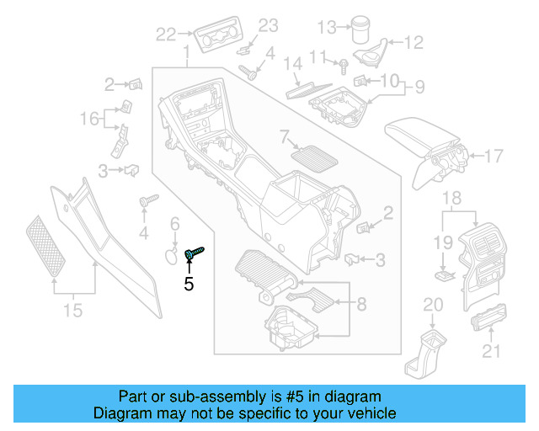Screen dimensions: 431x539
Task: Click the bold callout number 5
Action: (189, 284)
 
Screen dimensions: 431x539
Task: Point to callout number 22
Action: (166, 34)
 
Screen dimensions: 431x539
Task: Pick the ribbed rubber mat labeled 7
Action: (312, 157)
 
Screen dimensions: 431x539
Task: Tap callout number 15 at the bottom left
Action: (74, 311)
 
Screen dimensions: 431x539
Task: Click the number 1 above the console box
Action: (185, 55)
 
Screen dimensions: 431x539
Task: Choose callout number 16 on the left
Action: (90, 120)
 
